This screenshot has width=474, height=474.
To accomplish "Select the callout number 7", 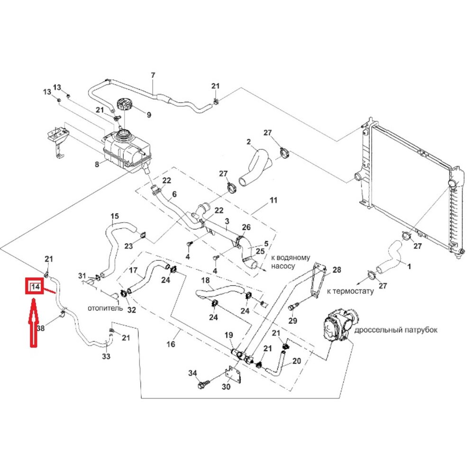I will click(153, 75).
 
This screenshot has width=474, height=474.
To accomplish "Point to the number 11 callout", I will click(273, 201).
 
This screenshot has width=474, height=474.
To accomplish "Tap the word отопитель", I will click(105, 308).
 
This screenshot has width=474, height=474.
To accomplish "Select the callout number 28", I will click(337, 270).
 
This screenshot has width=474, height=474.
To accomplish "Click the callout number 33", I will click(107, 356).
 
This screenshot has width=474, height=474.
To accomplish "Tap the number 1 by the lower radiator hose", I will click(410, 266).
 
